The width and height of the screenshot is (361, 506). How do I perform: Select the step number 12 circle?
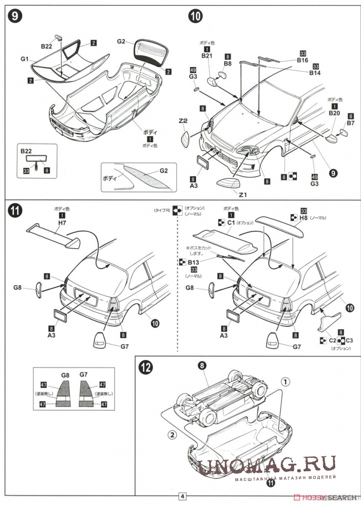click(146, 368)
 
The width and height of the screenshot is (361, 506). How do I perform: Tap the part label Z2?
click(182, 121)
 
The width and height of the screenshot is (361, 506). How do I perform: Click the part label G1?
click(26, 59)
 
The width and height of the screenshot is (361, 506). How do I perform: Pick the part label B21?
click(207, 57)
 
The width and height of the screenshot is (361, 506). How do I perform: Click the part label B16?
click(302, 60)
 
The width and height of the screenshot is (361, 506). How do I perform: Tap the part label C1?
click(231, 223)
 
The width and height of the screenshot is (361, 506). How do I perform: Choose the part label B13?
click(192, 261)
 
